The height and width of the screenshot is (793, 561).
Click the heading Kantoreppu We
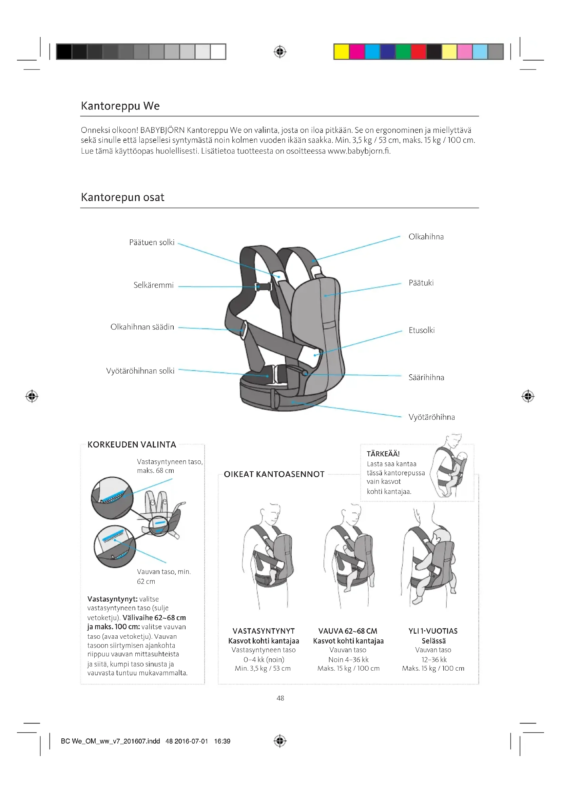coord(120,106)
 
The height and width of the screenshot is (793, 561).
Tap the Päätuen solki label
coord(152,242)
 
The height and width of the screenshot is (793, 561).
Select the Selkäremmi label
coord(153,285)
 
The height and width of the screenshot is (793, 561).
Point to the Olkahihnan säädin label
coord(142,327)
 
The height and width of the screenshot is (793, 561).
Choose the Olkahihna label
coord(426,237)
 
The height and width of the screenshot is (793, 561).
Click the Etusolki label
coord(422,331)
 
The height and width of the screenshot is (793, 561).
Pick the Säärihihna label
coord(426,377)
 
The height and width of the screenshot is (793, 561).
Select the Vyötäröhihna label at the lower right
coord(431,417)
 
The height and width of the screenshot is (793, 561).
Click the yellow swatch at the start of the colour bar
coord(341,52)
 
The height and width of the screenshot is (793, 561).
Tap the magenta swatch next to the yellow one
coord(357,52)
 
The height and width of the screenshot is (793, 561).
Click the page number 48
coord(280,698)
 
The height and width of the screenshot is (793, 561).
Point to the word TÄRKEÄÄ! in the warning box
coord(383,454)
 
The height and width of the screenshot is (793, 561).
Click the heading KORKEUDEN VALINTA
coord(132,444)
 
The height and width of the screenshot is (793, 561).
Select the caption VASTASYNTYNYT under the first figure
coord(263,631)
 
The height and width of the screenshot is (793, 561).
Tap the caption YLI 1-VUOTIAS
coord(433,631)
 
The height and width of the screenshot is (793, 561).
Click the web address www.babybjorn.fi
coord(359,151)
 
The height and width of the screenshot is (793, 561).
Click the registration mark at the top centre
coord(280,52)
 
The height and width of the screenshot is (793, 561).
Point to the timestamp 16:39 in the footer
coord(222,741)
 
